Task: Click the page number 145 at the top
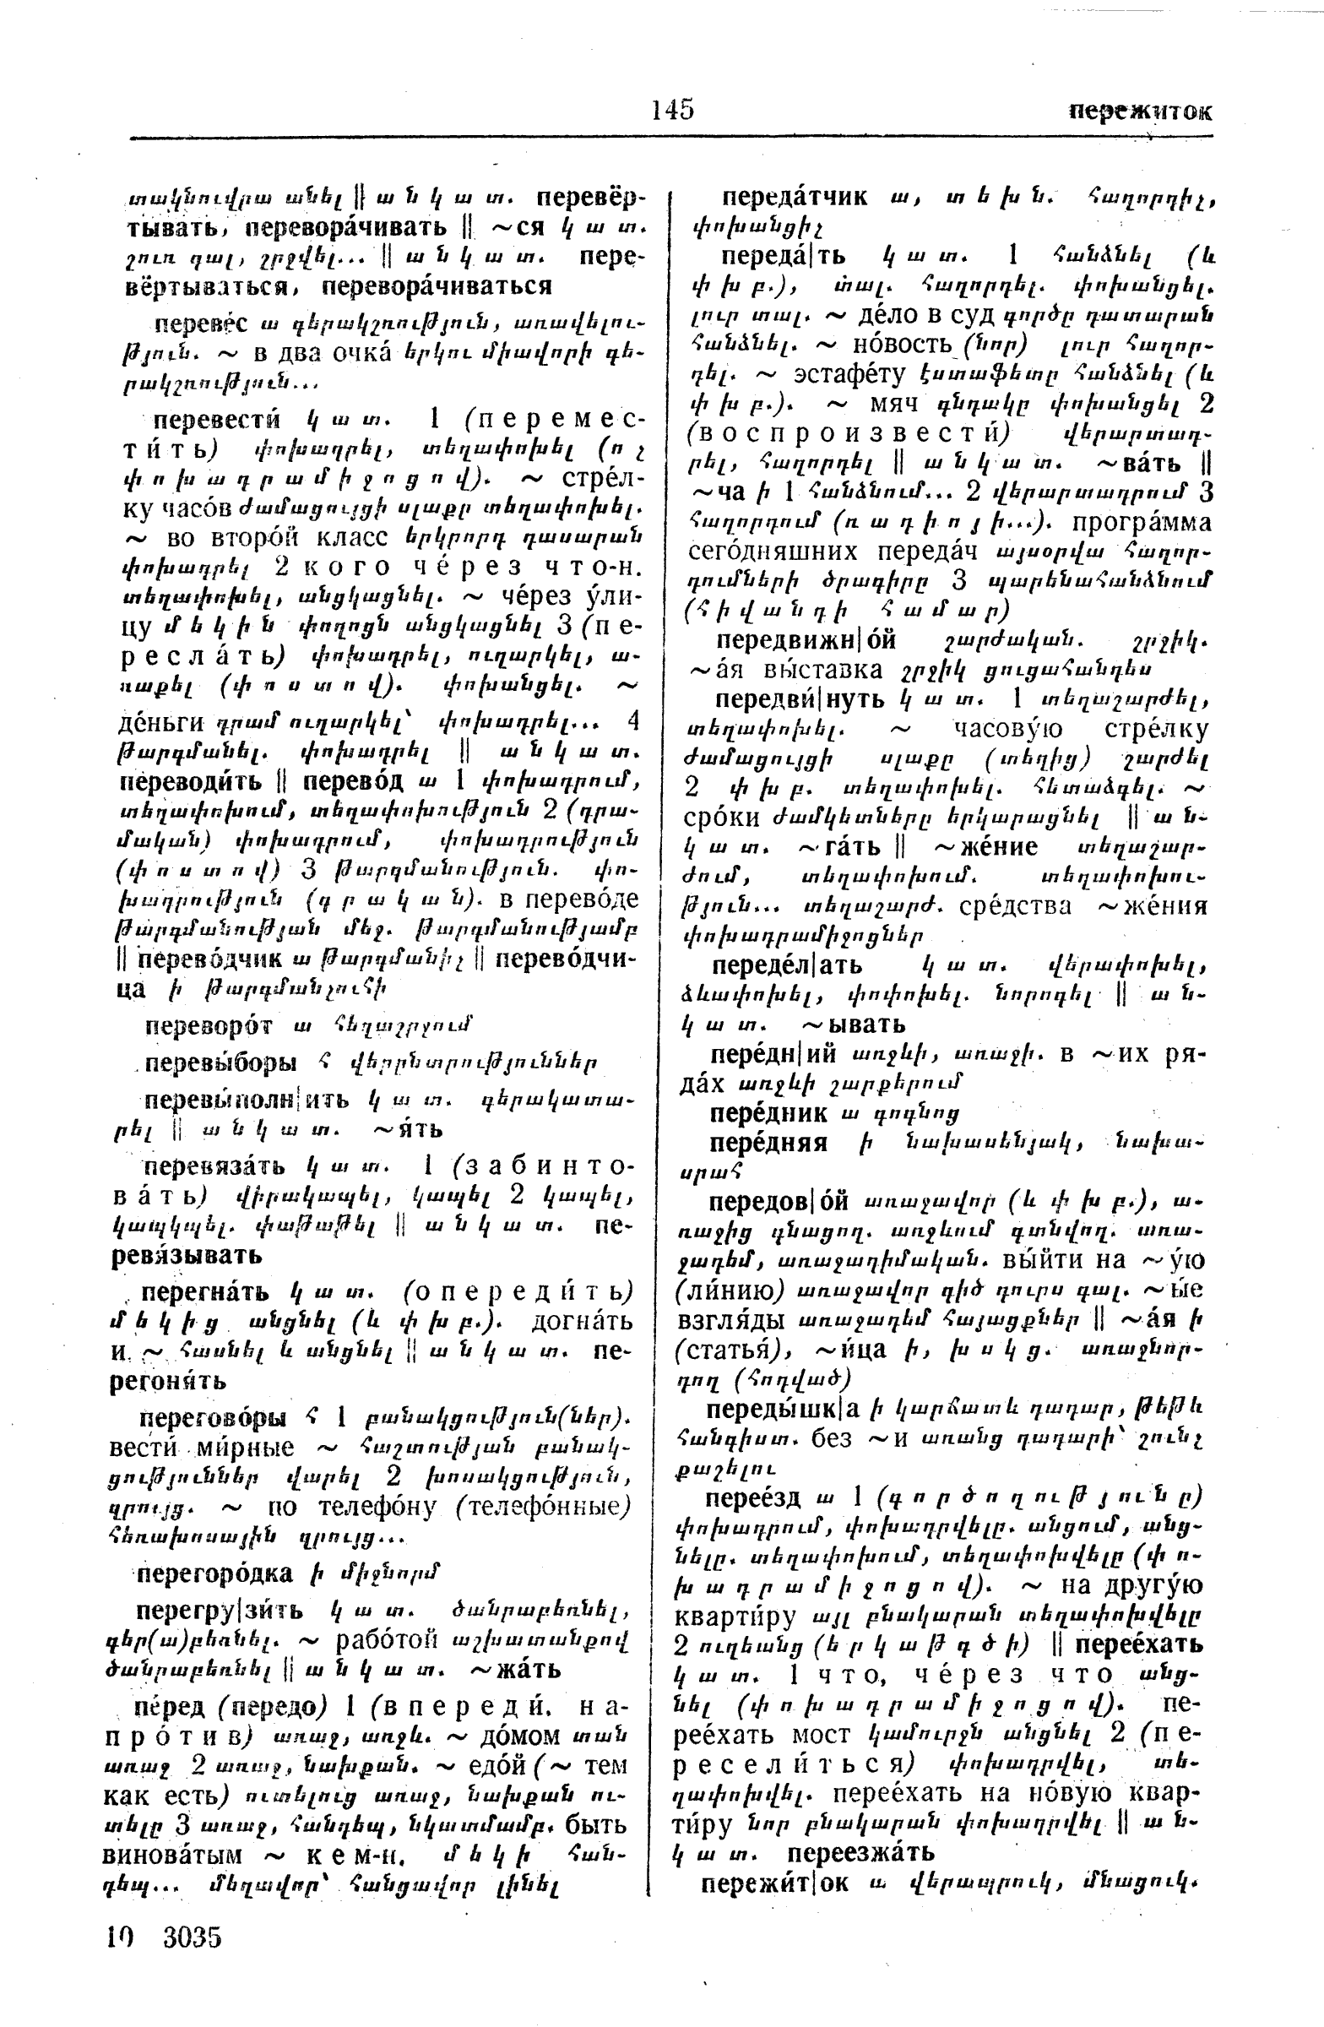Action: click(x=673, y=110)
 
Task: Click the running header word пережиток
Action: click(x=1140, y=111)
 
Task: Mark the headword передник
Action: click(x=769, y=1112)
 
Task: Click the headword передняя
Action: click(x=769, y=1142)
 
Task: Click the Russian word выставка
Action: click(x=818, y=669)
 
